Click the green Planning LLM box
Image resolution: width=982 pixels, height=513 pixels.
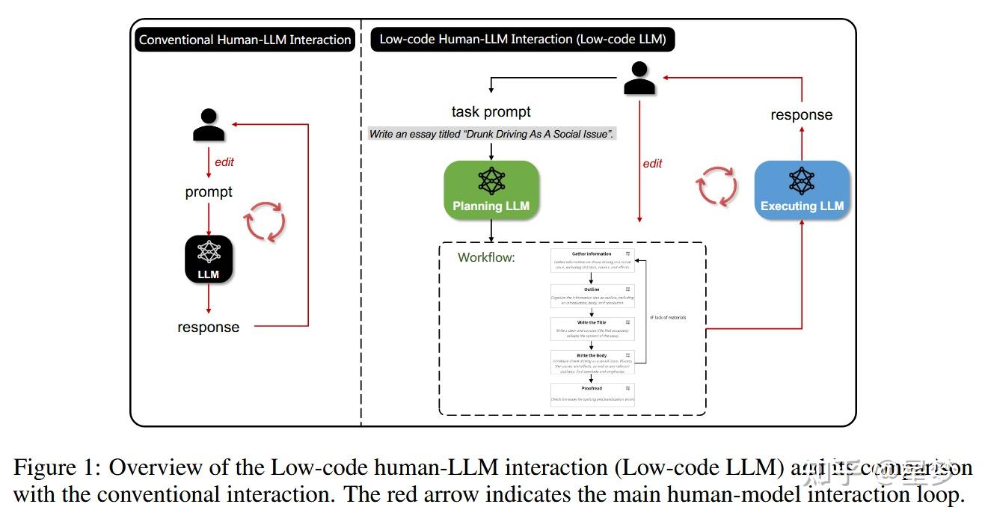pos(491,190)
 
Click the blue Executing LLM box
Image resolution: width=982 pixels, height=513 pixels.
pos(802,190)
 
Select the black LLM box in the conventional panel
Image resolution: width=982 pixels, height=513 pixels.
pos(209,259)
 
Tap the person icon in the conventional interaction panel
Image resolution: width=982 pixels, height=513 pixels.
pos(209,126)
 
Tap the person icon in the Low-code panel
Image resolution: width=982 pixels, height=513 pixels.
pos(639,78)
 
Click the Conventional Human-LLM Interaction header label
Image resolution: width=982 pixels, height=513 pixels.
pos(245,40)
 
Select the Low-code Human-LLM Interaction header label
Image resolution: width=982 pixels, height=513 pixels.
pos(523,39)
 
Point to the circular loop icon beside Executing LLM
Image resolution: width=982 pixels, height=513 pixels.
pos(717,185)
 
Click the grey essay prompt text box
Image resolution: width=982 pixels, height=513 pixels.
pos(491,135)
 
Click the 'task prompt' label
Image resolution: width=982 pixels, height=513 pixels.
pos(491,111)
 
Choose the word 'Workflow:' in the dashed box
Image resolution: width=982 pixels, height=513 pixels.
pos(487,258)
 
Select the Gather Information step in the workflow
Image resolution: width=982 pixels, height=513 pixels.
pos(592,259)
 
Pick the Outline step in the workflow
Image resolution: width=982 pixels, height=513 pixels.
pos(592,293)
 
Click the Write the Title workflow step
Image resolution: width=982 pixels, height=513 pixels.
pos(592,328)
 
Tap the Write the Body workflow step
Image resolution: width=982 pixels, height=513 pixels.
pos(592,360)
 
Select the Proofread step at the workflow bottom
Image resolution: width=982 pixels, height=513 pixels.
pos(592,393)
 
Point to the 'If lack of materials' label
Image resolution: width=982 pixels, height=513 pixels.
pos(668,318)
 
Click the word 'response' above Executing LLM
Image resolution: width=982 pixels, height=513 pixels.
pos(801,115)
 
